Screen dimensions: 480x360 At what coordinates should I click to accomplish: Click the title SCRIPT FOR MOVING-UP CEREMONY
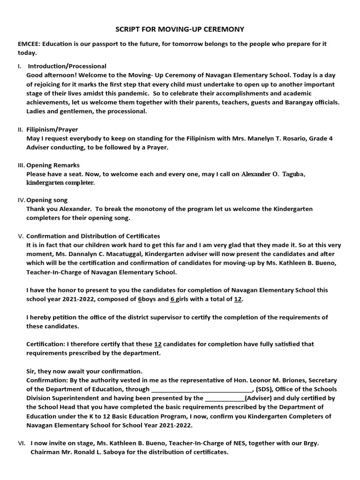coord(180,30)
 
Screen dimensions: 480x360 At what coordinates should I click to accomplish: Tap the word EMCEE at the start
coord(28,44)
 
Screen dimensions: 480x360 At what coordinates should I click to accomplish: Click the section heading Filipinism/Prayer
coord(52,129)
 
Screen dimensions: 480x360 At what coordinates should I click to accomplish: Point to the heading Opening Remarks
coord(53,165)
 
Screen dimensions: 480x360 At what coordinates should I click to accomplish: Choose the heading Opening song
coord(47,200)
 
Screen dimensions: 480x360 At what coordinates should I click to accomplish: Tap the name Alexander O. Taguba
coord(273,174)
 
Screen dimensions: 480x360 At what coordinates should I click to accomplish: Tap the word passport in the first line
coord(98,44)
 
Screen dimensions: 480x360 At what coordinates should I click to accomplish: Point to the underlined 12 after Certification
coord(158,344)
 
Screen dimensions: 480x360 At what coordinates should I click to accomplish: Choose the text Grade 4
coord(320,138)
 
